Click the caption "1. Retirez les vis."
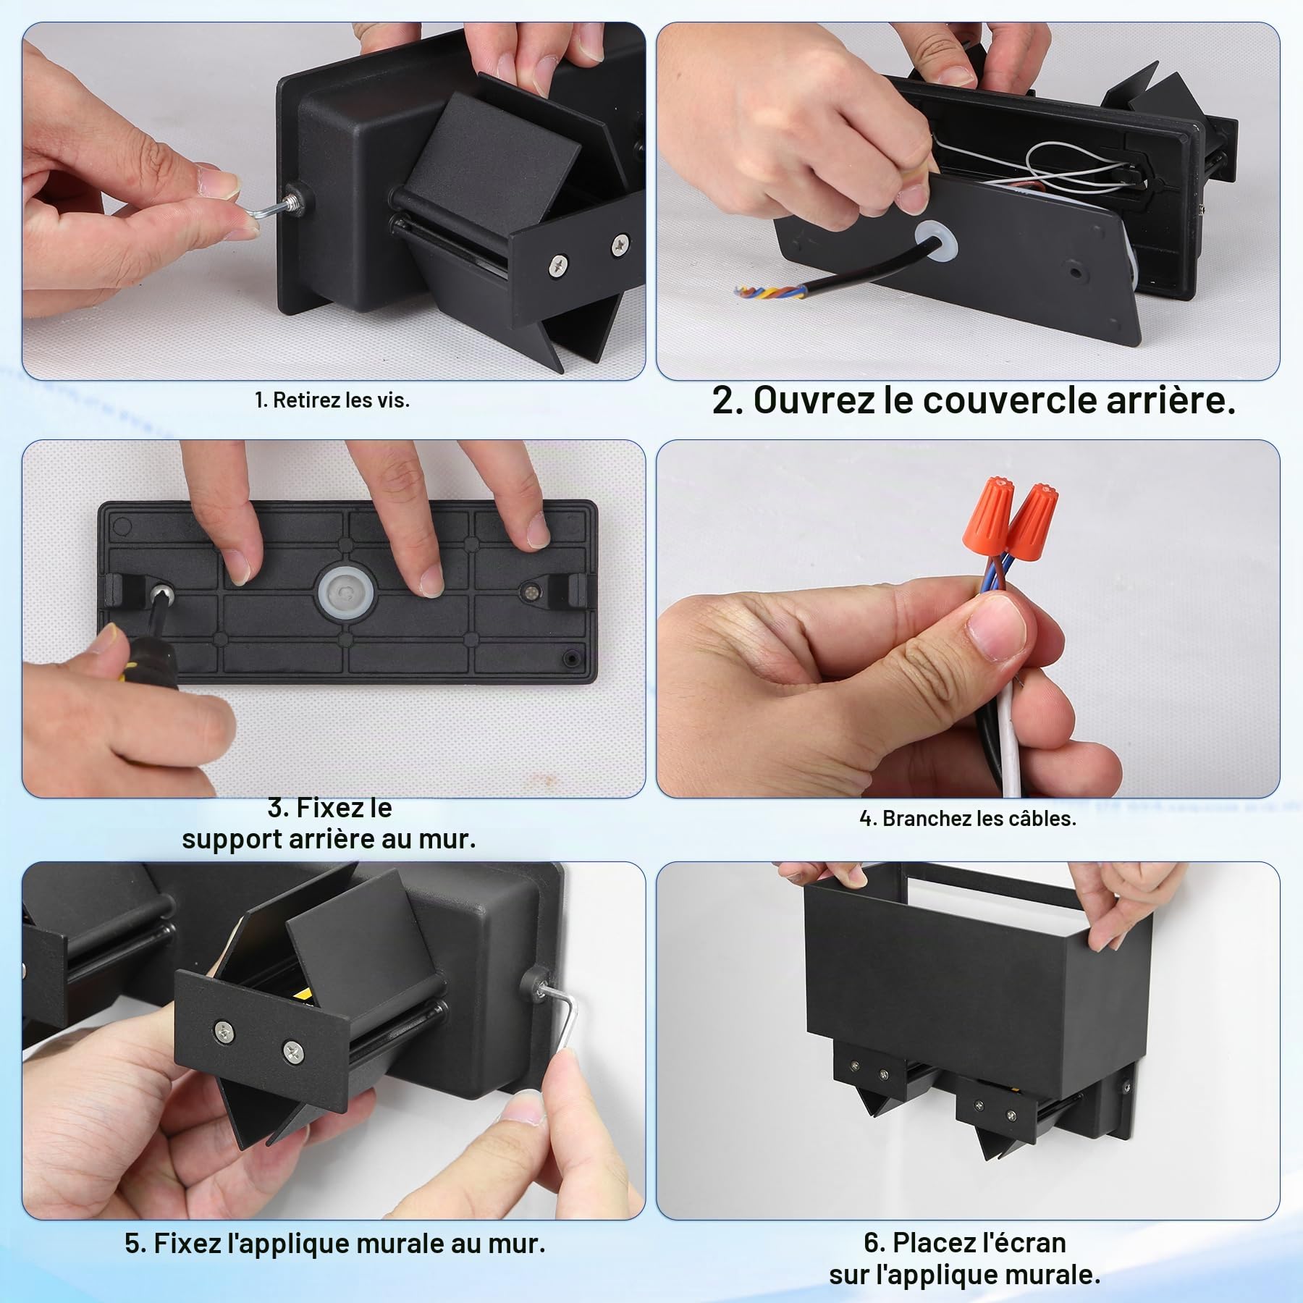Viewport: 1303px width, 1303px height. click(x=332, y=400)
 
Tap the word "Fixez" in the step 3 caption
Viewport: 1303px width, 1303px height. click(x=344, y=807)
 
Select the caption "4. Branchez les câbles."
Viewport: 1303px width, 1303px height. click(x=968, y=819)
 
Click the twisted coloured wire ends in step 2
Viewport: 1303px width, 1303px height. click(x=761, y=293)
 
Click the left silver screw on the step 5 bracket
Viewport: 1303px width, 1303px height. click(x=225, y=1029)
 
